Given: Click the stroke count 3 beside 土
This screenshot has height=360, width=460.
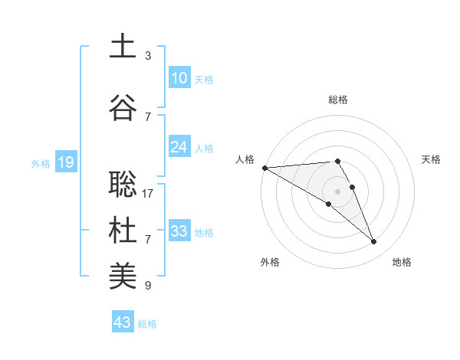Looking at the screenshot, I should [148, 56].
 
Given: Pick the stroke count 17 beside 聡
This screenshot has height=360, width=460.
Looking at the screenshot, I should [148, 194].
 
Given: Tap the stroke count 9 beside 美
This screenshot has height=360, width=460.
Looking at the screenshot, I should [148, 286].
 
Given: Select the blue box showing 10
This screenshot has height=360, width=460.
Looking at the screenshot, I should [179, 78].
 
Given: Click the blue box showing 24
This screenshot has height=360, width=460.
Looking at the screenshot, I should [179, 147].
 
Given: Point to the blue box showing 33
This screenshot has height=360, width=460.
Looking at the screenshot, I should [179, 231].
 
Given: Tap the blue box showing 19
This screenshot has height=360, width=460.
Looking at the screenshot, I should [66, 162].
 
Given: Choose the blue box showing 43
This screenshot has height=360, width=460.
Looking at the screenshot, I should [123, 322].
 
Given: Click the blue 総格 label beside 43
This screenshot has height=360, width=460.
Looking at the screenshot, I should [148, 324].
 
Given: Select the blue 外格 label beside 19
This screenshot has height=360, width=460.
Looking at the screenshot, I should [41, 163].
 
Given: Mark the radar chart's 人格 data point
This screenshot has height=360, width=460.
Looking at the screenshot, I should [264, 168].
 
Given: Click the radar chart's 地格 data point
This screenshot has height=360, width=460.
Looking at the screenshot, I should [374, 242].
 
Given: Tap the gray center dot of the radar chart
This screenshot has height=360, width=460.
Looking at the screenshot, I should [337, 191].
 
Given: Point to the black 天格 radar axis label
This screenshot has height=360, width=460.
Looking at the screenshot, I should [432, 159].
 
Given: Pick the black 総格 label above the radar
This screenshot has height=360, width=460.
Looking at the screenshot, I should [338, 100].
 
